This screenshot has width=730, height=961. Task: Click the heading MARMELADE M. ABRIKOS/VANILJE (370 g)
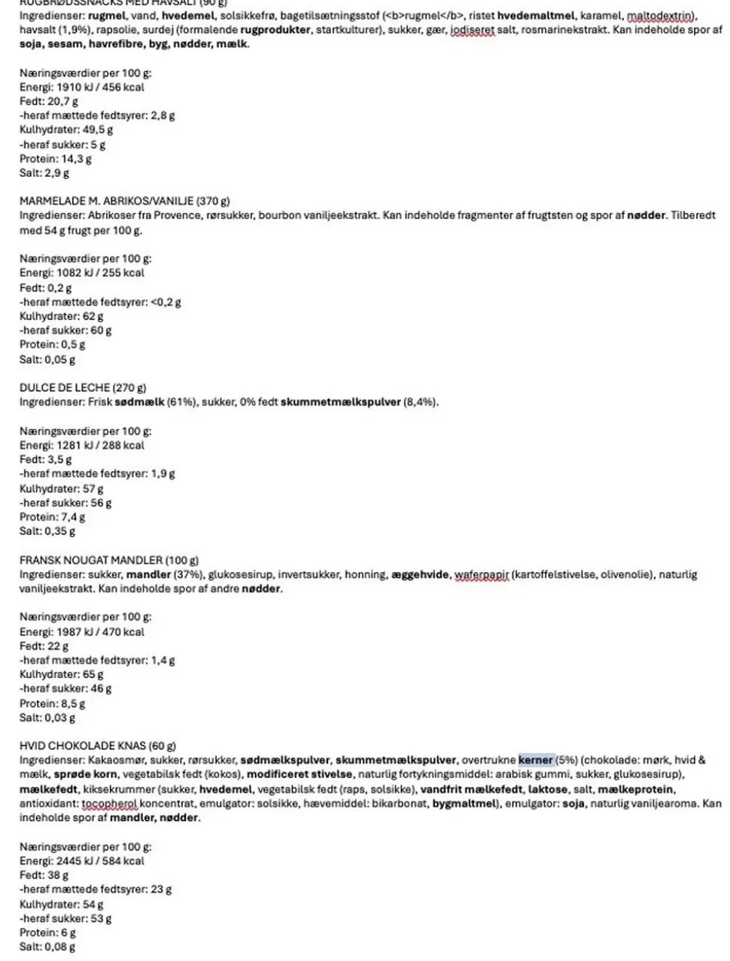(x=124, y=201)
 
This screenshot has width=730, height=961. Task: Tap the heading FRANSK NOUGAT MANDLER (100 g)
(x=109, y=560)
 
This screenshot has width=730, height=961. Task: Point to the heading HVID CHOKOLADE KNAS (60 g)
(x=98, y=746)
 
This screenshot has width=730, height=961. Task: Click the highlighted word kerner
(x=536, y=760)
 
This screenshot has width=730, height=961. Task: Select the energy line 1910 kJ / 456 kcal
(x=81, y=87)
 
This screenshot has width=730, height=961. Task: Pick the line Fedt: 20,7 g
(x=49, y=102)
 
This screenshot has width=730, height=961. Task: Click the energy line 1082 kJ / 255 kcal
(x=81, y=273)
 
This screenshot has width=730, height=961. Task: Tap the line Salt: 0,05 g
(x=47, y=360)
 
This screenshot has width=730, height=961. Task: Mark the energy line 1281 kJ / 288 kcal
(x=81, y=446)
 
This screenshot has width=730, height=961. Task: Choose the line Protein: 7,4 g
(x=52, y=517)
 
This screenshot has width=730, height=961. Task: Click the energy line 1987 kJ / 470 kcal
(x=81, y=632)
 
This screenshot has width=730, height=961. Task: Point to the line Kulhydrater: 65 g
(x=62, y=675)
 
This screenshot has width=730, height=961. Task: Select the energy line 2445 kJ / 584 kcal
(x=81, y=861)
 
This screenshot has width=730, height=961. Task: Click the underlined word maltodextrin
(x=660, y=16)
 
